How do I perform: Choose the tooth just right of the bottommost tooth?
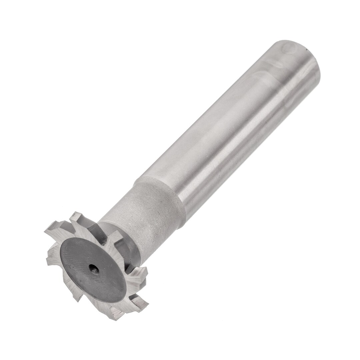click(140, 302)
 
